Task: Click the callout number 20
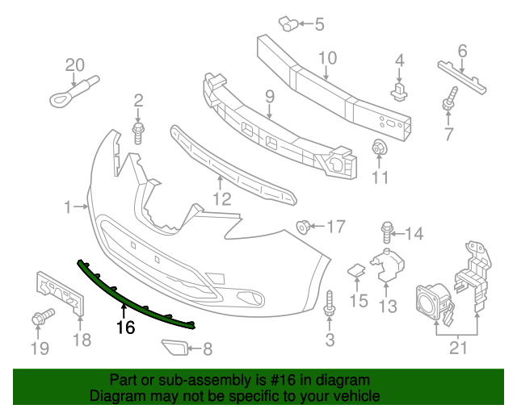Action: pyautogui.click(x=74, y=65)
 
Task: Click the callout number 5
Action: pyautogui.click(x=318, y=25)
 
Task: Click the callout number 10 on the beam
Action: pyautogui.click(x=326, y=58)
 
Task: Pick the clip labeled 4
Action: pyautogui.click(x=398, y=89)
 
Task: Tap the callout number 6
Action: pyautogui.click(x=462, y=52)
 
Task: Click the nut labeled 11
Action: pyautogui.click(x=377, y=148)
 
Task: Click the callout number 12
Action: pyautogui.click(x=221, y=198)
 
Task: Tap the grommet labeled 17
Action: pyautogui.click(x=305, y=226)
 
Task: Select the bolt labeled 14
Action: pyautogui.click(x=387, y=233)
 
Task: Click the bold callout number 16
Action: pyautogui.click(x=124, y=327)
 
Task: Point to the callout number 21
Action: pyautogui.click(x=458, y=347)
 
